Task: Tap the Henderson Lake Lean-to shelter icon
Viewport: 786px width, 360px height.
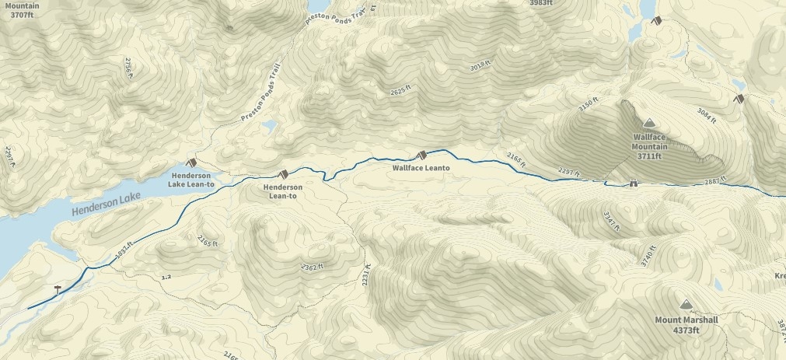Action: pos(190,163)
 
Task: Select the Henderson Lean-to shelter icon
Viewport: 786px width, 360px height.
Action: pos(283,173)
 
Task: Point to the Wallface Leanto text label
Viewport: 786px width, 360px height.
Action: pos(421,167)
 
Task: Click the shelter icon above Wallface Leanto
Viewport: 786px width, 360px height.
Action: pos(421,155)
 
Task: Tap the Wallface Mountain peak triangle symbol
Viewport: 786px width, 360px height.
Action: pos(649,123)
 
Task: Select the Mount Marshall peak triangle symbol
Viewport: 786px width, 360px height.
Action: pos(685,305)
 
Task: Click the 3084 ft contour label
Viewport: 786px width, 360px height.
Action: pos(707,116)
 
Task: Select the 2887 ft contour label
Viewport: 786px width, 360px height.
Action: pos(711,180)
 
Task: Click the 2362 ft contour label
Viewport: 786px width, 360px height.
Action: pos(311,267)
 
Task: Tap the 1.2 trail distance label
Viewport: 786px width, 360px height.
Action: pos(165,277)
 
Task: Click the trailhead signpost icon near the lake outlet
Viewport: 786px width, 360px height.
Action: pos(57,289)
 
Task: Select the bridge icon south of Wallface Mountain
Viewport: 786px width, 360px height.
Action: pos(634,184)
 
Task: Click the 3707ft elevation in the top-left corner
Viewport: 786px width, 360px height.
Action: pos(23,15)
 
